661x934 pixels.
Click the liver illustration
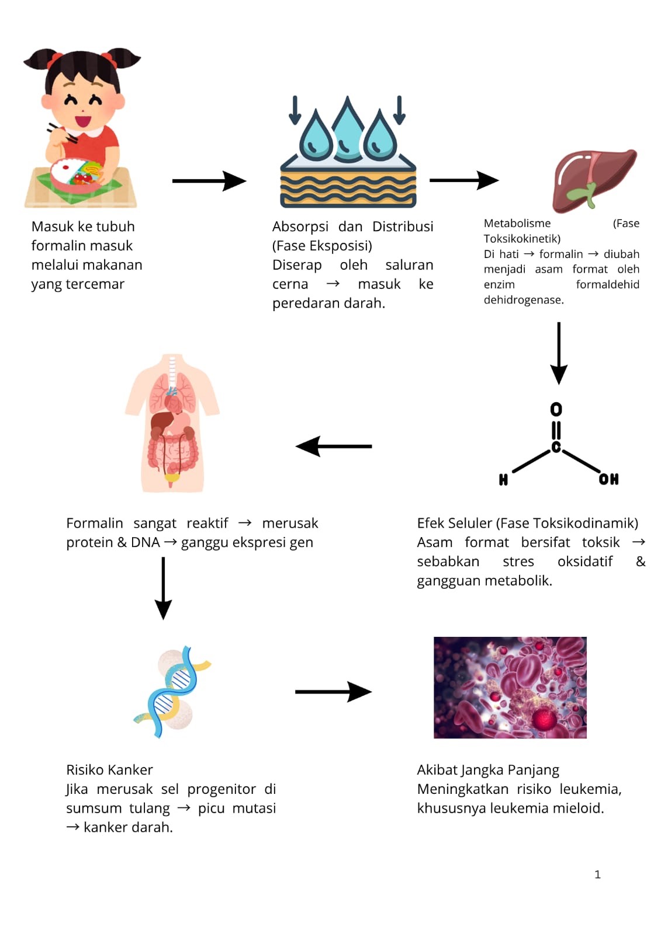(593, 179)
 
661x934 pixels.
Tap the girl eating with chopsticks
(82, 128)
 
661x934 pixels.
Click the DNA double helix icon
(172, 692)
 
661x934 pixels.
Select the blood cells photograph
(510, 687)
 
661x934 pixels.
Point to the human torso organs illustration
(172, 423)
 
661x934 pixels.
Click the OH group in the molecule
(608, 479)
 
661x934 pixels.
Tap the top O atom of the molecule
(556, 409)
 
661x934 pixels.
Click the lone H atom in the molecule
(503, 480)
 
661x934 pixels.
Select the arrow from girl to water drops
(209, 181)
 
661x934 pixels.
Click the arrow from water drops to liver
(463, 180)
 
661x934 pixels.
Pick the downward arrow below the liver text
(559, 353)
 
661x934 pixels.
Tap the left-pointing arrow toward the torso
(334, 447)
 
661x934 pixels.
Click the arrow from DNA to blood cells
(333, 692)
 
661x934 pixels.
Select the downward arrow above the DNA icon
(163, 588)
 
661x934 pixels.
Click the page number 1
(597, 874)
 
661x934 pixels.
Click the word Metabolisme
(517, 224)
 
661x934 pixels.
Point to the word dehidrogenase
(523, 300)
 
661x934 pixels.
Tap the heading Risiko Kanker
(109, 770)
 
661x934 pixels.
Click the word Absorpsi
(300, 226)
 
